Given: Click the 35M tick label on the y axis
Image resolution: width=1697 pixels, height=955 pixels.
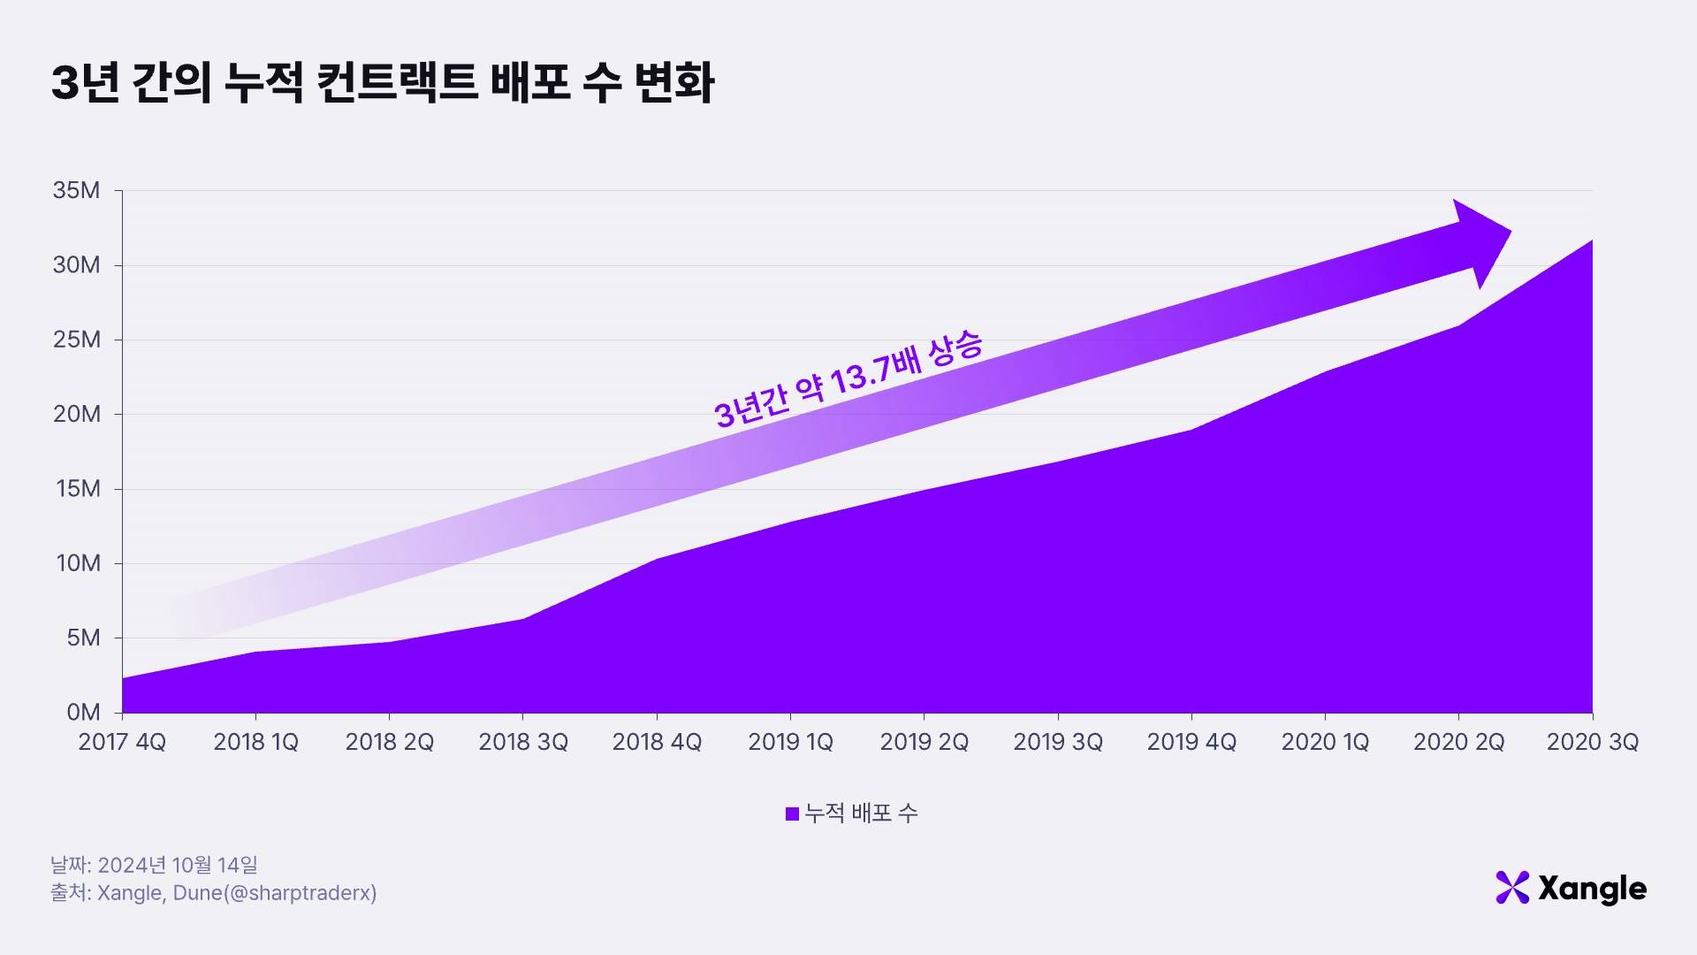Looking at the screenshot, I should coord(76,190).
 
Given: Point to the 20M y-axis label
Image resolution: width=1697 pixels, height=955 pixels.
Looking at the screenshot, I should coord(76,414).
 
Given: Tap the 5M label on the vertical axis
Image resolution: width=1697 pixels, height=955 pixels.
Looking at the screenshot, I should coord(83,638).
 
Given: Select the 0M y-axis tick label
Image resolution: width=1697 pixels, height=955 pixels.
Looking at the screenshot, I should coord(83,713).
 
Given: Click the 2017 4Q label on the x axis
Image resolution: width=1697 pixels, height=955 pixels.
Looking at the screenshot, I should coord(122,742).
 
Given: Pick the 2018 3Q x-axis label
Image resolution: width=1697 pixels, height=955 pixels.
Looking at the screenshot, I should coord(523,742).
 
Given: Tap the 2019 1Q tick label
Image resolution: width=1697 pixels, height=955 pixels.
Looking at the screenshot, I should coord(790,742).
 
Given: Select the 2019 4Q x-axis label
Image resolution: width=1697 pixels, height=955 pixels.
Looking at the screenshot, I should coord(1191,742).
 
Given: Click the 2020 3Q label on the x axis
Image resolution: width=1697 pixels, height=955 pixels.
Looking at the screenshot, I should coord(1593,742).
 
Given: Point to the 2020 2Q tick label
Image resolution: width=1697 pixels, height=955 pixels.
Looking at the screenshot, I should coord(1458,742).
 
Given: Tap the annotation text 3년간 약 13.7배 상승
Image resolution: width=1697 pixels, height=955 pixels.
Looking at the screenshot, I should coord(848,380).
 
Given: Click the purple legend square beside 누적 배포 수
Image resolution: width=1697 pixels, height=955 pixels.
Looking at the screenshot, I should coord(792,814).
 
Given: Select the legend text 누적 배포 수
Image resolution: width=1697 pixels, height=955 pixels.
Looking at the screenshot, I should coord(861,814).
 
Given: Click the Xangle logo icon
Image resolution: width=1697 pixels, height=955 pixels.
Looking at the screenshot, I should coord(1512,888).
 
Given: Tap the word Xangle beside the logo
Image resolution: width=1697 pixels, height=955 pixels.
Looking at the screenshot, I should coord(1592,889).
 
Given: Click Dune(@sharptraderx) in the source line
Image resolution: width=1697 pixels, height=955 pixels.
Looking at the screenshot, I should coord(275,893).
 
